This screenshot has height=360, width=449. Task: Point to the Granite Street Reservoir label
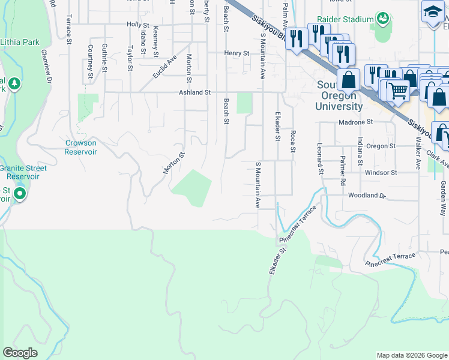(x=23, y=172)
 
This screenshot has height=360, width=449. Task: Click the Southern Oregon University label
(x=339, y=95)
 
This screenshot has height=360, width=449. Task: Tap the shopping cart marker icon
(x=397, y=91)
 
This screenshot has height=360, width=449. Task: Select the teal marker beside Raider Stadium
(x=382, y=19)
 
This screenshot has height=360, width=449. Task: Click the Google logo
(x=20, y=353)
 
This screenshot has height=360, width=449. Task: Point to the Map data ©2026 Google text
(x=411, y=355)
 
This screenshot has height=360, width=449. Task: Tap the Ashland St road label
(x=194, y=92)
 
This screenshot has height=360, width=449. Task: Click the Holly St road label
(x=137, y=25)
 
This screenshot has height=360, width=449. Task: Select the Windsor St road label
(x=381, y=172)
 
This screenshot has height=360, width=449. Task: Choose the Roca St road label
(x=293, y=141)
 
